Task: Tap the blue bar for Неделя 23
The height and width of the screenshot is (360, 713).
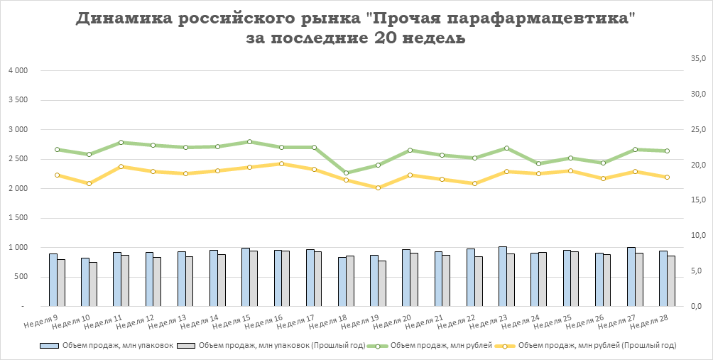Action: [x=503, y=276]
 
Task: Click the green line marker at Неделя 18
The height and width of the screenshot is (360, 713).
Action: [x=346, y=173]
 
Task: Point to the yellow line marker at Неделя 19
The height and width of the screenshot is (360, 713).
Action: [x=378, y=187]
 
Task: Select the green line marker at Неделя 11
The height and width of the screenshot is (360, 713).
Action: [x=121, y=143]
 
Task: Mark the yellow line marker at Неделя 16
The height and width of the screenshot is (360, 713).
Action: [x=281, y=163]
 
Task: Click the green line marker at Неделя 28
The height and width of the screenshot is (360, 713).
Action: [x=667, y=151]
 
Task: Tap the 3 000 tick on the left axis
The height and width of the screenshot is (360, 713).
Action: [x=18, y=130]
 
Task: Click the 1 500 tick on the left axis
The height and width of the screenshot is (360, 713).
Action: [x=18, y=218]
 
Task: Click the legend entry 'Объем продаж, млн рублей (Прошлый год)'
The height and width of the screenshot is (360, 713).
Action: [x=597, y=346]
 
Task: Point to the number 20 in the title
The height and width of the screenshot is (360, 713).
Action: [x=381, y=38]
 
